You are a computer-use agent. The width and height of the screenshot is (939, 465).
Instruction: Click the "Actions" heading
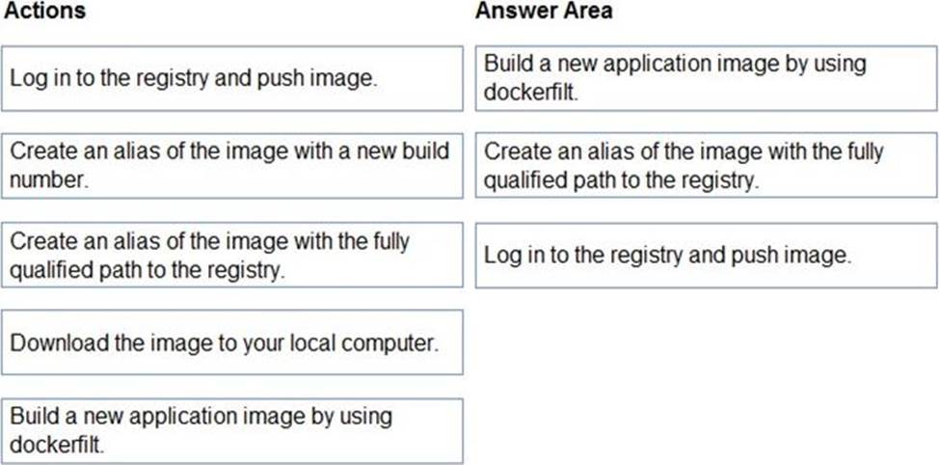[x=45, y=11]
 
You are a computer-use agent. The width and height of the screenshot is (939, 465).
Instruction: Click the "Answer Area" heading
[x=544, y=11]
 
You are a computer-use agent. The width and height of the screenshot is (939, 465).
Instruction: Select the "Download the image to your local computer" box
[x=232, y=342]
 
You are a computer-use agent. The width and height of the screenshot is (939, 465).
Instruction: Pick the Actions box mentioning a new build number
[x=232, y=166]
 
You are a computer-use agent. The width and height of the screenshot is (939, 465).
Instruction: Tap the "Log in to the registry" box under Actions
[x=232, y=78]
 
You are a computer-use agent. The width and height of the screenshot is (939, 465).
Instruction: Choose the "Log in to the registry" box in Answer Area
[x=707, y=256]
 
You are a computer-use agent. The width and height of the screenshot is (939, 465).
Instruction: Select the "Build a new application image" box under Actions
[x=232, y=431]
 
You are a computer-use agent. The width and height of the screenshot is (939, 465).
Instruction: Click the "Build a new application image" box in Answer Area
[x=707, y=78]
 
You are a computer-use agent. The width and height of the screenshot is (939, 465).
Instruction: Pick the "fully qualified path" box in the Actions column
[x=232, y=255]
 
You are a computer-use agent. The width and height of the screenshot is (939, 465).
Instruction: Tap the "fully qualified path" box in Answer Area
[x=707, y=165]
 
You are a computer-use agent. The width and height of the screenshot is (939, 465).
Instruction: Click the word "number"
[x=47, y=179]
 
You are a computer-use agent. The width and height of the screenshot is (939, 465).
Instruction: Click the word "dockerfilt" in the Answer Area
[x=528, y=93]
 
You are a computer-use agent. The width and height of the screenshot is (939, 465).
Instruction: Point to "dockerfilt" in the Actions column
[x=55, y=446]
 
